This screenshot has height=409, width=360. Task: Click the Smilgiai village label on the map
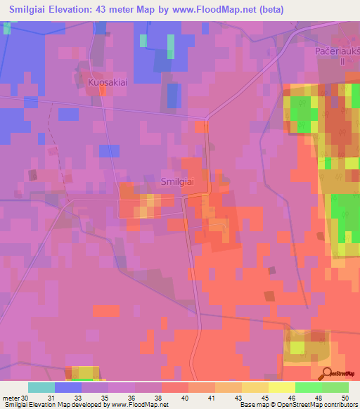tap(177, 181)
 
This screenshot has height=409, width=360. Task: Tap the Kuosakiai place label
tap(107, 82)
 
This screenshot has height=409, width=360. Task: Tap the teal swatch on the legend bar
tap(41, 387)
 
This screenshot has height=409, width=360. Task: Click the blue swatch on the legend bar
tap(68, 387)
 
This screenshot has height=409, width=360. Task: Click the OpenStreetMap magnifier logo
tap(328, 373)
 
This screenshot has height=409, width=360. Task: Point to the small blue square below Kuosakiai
tap(109, 150)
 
